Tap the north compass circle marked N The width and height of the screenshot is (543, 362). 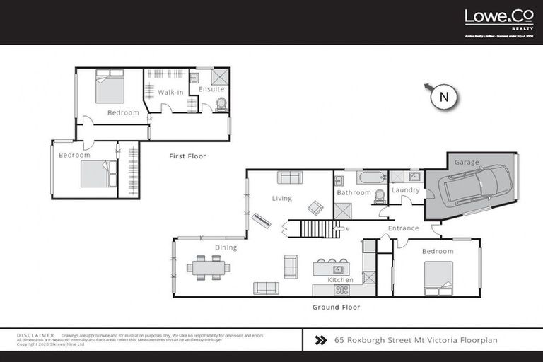pyautogui.click(x=444, y=98)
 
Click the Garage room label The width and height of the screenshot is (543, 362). pyautogui.click(x=467, y=163)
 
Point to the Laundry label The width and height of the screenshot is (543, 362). pyautogui.click(x=405, y=190)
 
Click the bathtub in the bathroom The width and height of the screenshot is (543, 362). pyautogui.click(x=363, y=177)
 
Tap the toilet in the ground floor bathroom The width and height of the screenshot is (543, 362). pyautogui.click(x=379, y=195)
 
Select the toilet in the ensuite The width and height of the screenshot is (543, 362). pyautogui.click(x=221, y=105)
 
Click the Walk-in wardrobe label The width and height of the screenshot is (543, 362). pyautogui.click(x=170, y=92)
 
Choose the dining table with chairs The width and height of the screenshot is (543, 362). pyautogui.click(x=209, y=268)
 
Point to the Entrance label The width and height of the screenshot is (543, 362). pyautogui.click(x=404, y=228)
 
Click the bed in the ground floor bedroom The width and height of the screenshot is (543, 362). pyautogui.click(x=438, y=278)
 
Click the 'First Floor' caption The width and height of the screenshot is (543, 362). pyautogui.click(x=187, y=156)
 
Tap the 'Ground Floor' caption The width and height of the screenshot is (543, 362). pyautogui.click(x=336, y=308)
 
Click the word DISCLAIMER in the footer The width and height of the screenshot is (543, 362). pyautogui.click(x=35, y=334)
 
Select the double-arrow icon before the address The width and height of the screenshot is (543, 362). pyautogui.click(x=320, y=340)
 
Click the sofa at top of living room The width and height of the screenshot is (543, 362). pyautogui.click(x=290, y=177)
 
